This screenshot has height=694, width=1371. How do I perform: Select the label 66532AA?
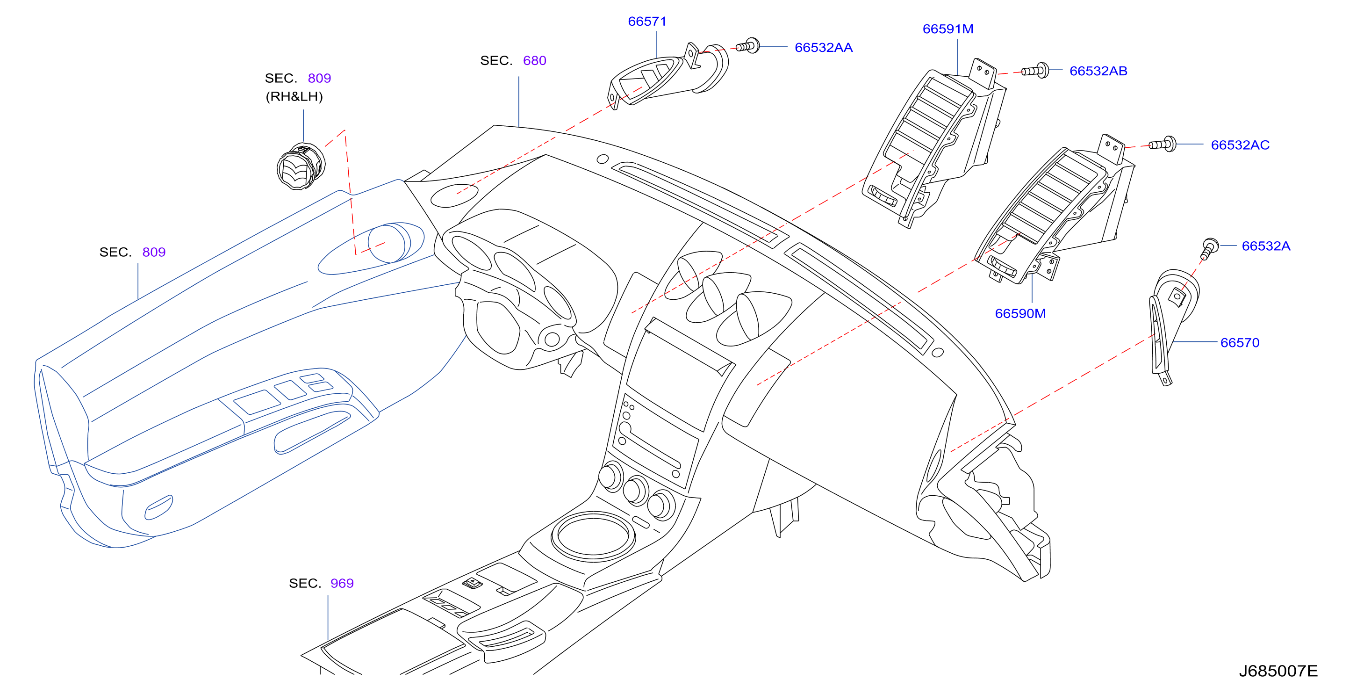(x=823, y=47)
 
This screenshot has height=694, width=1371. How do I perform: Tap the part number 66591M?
(x=948, y=29)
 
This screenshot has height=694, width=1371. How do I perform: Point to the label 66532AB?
(x=1098, y=71)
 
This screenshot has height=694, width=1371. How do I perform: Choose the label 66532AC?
(x=1240, y=145)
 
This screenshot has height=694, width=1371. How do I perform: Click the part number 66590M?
(x=1020, y=313)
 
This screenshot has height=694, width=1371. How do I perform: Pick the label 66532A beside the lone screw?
(x=1266, y=246)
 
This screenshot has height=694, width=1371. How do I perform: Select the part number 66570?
(x=1240, y=342)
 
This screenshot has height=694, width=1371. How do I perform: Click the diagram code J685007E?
(x=1278, y=671)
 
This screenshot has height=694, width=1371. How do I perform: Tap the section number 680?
(x=534, y=60)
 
